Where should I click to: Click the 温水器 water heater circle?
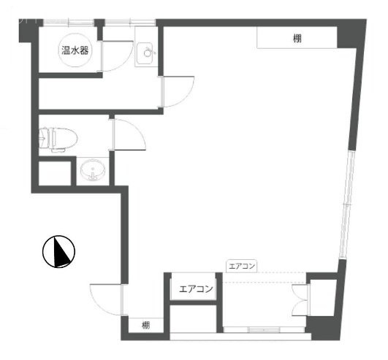click(x=75, y=50)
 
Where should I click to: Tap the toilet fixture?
click(x=58, y=139)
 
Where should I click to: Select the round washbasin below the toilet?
click(x=93, y=170)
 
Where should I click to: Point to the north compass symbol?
click(x=58, y=251)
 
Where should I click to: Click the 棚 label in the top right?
click(x=297, y=39)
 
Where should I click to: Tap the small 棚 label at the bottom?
click(x=145, y=325)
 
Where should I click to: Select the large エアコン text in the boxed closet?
click(x=196, y=288)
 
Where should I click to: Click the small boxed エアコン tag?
click(x=242, y=266)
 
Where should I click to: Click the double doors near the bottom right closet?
click(x=300, y=300)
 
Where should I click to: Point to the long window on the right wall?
click(x=347, y=204)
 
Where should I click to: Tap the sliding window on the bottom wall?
click(x=264, y=330)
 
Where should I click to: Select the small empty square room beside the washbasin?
click(x=56, y=173)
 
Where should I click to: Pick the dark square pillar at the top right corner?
click(x=351, y=34)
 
